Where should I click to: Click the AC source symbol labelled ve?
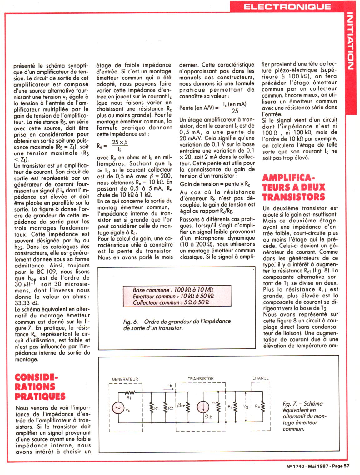pyautogui.click(x=118, y=408)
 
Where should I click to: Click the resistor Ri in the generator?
pyautogui.click(x=130, y=392)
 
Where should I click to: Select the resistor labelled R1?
pyautogui.click(x=151, y=408)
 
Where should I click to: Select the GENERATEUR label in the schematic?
pyautogui.click(x=125, y=379)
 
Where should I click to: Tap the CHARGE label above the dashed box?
pyautogui.click(x=260, y=378)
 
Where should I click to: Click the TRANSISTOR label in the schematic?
pyautogui.click(x=201, y=379)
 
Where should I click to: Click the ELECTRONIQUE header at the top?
pyautogui.click(x=287, y=7)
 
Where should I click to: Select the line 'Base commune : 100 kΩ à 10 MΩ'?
pyautogui.click(x=173, y=290)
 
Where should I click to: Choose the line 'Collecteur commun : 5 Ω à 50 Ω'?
pyautogui.click(x=171, y=302)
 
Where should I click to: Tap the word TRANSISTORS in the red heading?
pyautogui.click(x=294, y=197)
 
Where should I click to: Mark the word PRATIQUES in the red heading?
pyautogui.click(x=40, y=396)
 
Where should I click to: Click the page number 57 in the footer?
pyautogui.click(x=346, y=466)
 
